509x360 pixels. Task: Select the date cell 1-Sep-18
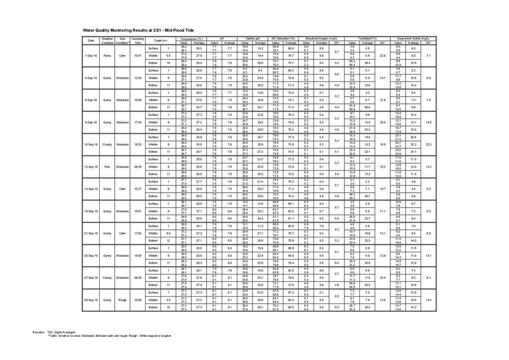pos(91,56)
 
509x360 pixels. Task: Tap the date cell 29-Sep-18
pos(91,300)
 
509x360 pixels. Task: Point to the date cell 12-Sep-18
pos(91,167)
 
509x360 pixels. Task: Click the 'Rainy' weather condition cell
pos(107,56)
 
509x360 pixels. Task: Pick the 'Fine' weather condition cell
pos(107,167)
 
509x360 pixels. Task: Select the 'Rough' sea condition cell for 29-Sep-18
pos(122,300)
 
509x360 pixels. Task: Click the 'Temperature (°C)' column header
pos(191,39)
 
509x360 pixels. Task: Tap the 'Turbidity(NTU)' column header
pos(367,39)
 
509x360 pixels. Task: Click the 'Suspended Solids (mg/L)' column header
pos(413,39)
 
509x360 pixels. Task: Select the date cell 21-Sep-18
pos(91,234)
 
